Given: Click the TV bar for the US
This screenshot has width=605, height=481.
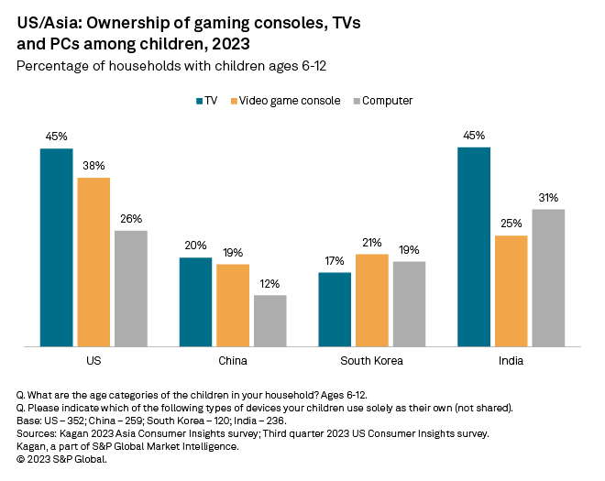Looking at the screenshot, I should (56, 247).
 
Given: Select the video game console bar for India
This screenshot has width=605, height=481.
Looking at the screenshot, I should (511, 291).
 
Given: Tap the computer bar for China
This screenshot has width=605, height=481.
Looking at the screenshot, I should (269, 321).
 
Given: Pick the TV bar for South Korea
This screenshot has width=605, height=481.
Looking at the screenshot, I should (335, 310).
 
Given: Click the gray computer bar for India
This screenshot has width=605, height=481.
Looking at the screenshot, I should (548, 278).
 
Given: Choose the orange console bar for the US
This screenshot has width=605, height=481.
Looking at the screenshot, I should (93, 262).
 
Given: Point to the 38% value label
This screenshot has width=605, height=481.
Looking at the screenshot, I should (93, 167).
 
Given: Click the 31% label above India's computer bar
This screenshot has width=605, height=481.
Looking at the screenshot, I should (548, 198).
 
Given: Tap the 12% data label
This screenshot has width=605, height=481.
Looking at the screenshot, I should (269, 284).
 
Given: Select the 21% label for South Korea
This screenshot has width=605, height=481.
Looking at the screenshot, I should (372, 243).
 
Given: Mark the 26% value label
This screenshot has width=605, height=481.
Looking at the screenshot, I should (131, 219).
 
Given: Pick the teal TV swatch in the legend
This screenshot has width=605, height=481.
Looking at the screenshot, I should (199, 100).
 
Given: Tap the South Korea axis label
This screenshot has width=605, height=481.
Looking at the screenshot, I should (371, 360).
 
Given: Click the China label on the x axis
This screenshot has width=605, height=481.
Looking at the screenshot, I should (233, 360).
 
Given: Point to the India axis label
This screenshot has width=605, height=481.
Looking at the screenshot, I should (511, 360).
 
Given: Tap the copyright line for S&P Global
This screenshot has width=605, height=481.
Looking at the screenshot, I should (61, 459).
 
